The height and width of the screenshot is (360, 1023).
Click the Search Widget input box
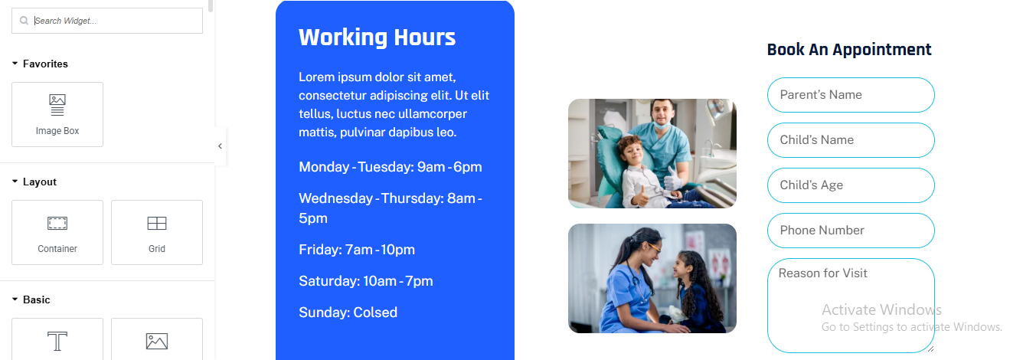[107, 21]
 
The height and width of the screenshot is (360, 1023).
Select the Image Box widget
[57, 115]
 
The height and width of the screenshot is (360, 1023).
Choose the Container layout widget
[57, 233]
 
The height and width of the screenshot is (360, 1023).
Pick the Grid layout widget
[157, 233]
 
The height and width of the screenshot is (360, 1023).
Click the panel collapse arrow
[220, 146]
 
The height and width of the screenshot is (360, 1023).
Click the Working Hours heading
[377, 38]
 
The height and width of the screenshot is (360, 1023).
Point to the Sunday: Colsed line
[348, 313]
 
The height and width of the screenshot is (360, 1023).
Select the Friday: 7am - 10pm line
[357, 250]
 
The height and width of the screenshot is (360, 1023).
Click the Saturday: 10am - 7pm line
[366, 281]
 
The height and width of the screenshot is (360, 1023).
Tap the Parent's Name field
[851, 95]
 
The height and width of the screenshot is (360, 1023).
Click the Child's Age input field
[851, 185]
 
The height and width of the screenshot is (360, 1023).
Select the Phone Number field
[851, 231]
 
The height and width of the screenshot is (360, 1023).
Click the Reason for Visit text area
[851, 306]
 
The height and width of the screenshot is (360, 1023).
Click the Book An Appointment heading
[849, 49]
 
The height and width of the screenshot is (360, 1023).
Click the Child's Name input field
[851, 140]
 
